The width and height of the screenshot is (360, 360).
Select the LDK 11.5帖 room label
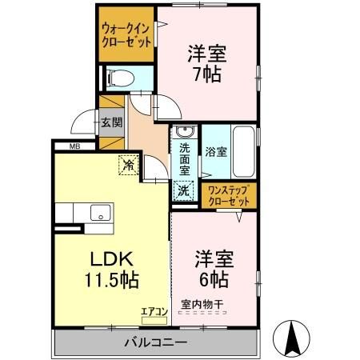[112, 270]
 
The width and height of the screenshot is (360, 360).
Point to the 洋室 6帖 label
[213, 270]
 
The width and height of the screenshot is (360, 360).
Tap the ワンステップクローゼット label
[229, 196]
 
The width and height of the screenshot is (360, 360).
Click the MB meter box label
[74, 146]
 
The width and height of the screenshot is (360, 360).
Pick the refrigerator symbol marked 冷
[128, 165]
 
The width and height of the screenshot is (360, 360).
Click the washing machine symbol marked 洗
[184, 190]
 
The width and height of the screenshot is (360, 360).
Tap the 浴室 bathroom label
[214, 150]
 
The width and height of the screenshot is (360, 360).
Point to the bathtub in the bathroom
[243, 152]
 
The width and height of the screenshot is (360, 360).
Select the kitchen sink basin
[102, 212]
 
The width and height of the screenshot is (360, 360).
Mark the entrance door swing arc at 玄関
[82, 122]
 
